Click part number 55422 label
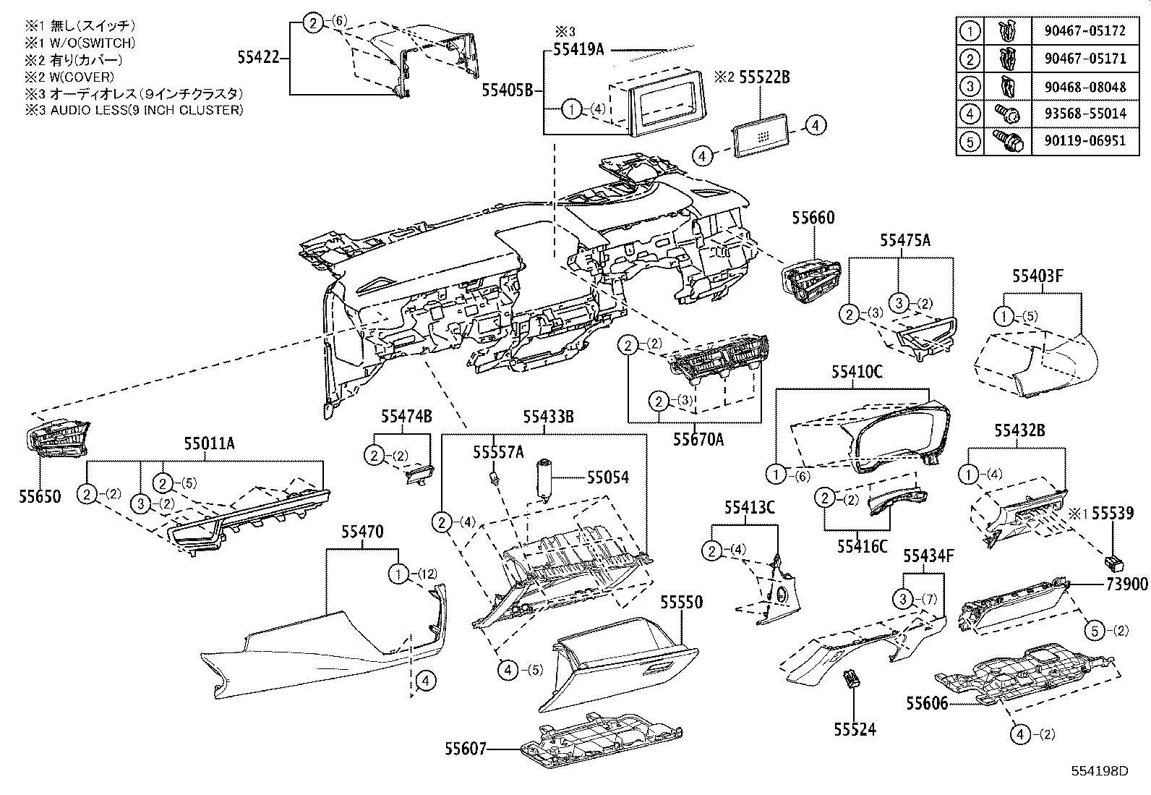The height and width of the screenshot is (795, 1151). coord(257,56)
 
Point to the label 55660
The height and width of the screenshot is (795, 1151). coord(813,218)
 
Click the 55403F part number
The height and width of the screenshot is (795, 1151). coord(1037,276)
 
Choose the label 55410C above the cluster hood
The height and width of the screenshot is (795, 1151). coord(857,372)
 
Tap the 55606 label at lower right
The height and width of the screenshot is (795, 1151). coord(927,703)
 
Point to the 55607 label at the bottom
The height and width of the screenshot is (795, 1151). coord(466,749)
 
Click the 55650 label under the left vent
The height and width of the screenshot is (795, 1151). coord(41,497)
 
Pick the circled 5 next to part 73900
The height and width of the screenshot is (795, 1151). coord(1095,631)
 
